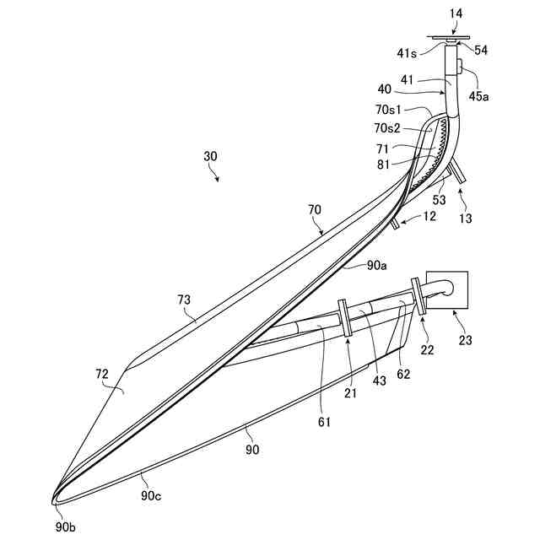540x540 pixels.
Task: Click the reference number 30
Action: pyautogui.click(x=210, y=156)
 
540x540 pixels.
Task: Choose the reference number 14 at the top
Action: pyautogui.click(x=456, y=14)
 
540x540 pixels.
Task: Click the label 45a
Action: pyautogui.click(x=478, y=95)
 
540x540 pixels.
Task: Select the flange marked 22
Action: pyautogui.click(x=418, y=298)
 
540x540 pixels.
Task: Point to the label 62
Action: pyautogui.click(x=402, y=373)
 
